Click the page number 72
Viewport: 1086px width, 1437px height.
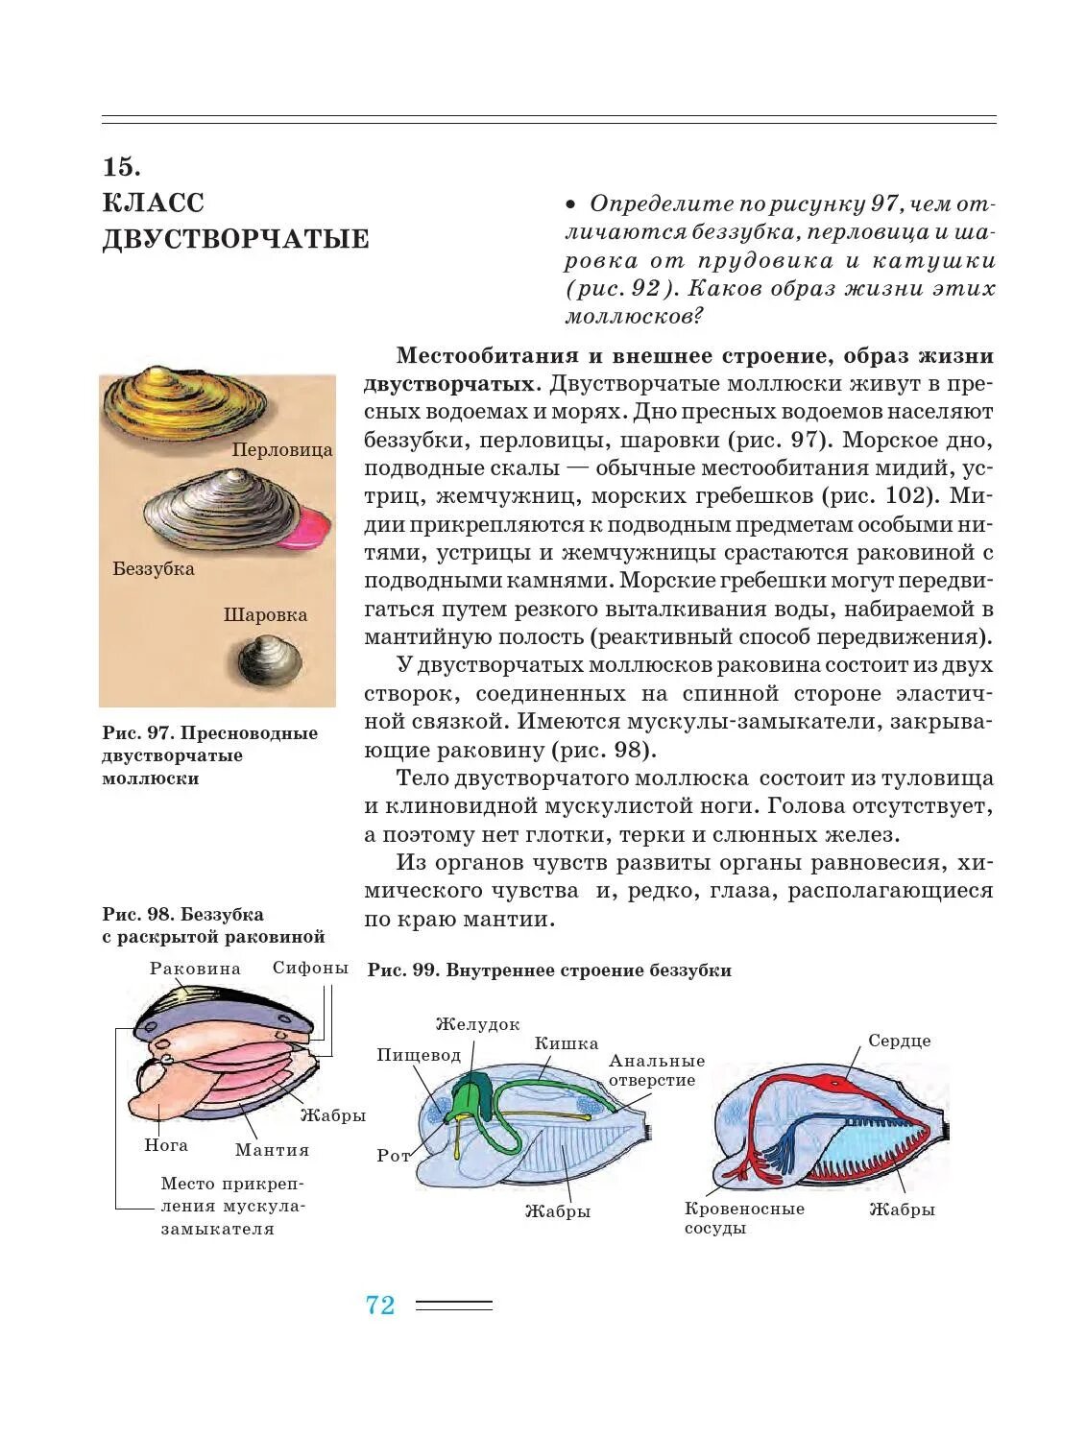pyautogui.click(x=380, y=1305)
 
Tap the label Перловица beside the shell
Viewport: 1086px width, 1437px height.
pyautogui.click(x=282, y=449)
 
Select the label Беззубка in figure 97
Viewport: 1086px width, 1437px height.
pyautogui.click(x=154, y=568)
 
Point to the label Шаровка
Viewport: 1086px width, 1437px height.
pyautogui.click(x=265, y=615)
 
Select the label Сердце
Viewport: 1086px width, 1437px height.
pyautogui.click(x=899, y=1041)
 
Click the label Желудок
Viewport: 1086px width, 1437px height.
pyautogui.click(x=477, y=1024)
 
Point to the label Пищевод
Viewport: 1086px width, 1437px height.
pyautogui.click(x=419, y=1055)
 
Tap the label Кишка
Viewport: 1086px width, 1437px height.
pyautogui.click(x=567, y=1043)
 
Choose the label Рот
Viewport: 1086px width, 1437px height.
pyautogui.click(x=394, y=1155)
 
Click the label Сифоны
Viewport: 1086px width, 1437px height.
pyautogui.click(x=310, y=968)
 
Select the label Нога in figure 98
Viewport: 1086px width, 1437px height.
pyautogui.click(x=166, y=1145)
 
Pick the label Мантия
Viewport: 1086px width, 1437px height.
pyautogui.click(x=272, y=1150)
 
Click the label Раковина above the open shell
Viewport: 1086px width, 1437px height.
pyautogui.click(x=195, y=969)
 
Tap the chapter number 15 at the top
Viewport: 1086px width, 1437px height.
pyautogui.click(x=121, y=167)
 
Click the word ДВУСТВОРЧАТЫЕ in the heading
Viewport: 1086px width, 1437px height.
pyautogui.click(x=235, y=239)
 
